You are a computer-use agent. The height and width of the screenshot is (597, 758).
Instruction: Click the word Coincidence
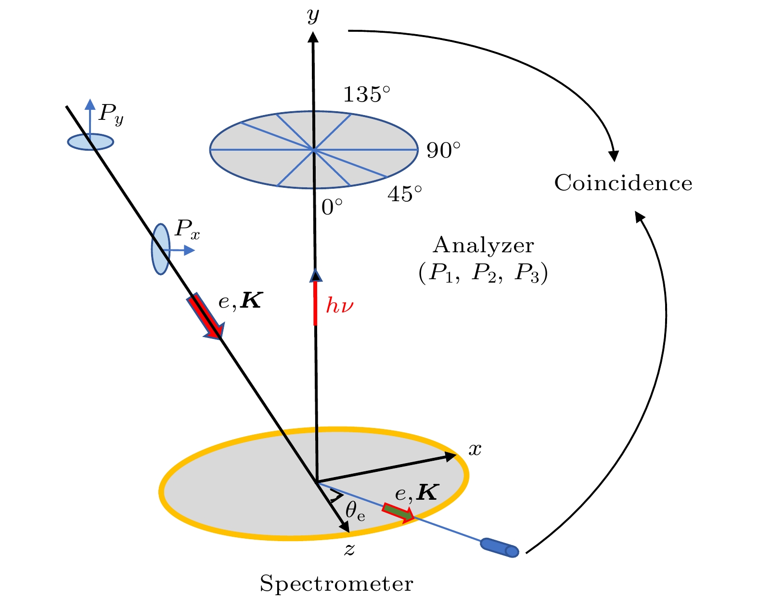point(623,183)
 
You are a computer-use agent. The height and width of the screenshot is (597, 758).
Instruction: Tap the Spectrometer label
point(336,584)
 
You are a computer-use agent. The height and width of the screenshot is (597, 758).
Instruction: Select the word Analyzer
point(483,246)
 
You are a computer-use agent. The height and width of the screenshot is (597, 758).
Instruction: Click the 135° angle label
point(366,95)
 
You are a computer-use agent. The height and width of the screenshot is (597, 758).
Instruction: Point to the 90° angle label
point(443,151)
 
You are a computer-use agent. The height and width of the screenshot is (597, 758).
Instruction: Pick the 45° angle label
point(404,194)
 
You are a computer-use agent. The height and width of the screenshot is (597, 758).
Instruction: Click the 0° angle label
point(332,208)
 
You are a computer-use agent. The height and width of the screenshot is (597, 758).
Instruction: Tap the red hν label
point(340,306)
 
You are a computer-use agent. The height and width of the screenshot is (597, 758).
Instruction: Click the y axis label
point(313,15)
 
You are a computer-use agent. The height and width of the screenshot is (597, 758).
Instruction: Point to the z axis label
point(350,549)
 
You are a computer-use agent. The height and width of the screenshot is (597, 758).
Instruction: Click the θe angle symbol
point(355,511)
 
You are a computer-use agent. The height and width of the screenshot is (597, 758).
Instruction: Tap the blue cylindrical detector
point(499,547)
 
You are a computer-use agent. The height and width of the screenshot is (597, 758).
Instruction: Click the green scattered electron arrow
point(398,512)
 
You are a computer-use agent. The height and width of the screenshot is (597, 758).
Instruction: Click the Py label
point(111,115)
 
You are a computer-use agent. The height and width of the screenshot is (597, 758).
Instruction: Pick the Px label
point(187,229)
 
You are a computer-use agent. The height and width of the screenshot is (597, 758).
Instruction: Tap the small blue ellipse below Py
point(90,142)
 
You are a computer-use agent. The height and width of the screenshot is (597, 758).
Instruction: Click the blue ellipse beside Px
point(160,248)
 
